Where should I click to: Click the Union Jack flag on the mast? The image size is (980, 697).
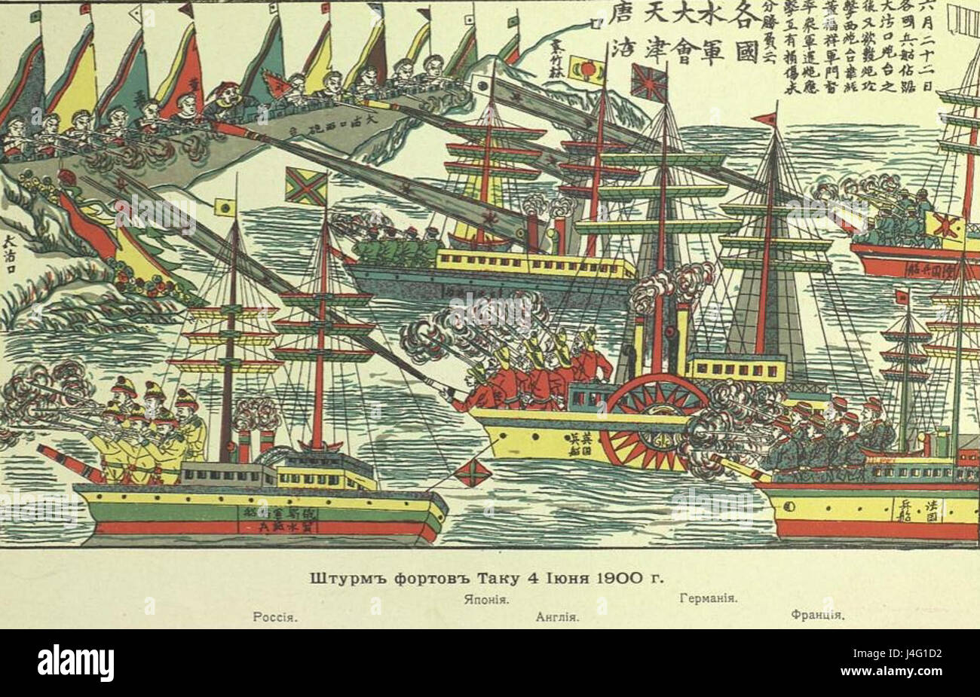(648, 83)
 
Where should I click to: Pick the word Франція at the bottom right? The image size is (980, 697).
(816, 614)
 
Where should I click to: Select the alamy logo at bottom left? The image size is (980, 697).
(75, 663)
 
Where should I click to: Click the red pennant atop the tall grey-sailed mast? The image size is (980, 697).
(764, 119)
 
